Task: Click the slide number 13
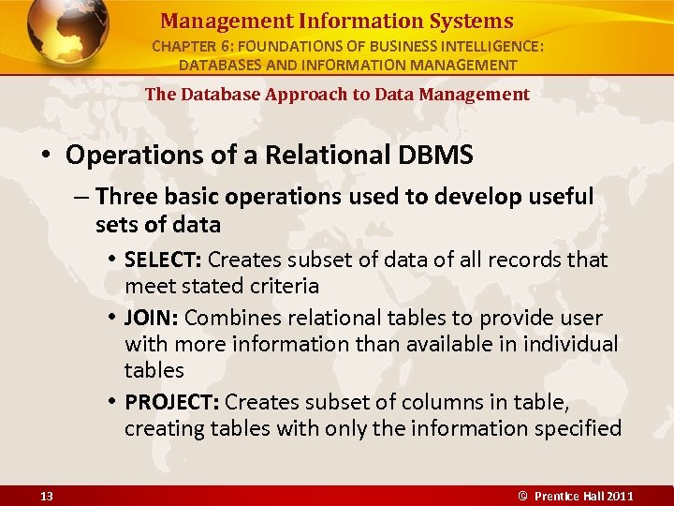pyautogui.click(x=46, y=496)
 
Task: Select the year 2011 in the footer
pyautogui.click(x=619, y=496)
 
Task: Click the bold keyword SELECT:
pyautogui.click(x=163, y=260)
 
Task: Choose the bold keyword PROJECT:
pyautogui.click(x=172, y=402)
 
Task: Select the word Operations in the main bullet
pyautogui.click(x=123, y=156)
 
